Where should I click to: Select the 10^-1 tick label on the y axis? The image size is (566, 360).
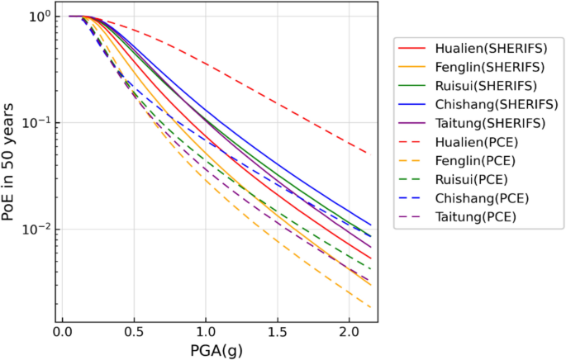[x=36, y=122]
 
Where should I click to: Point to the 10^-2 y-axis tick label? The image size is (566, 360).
[x=36, y=229]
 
